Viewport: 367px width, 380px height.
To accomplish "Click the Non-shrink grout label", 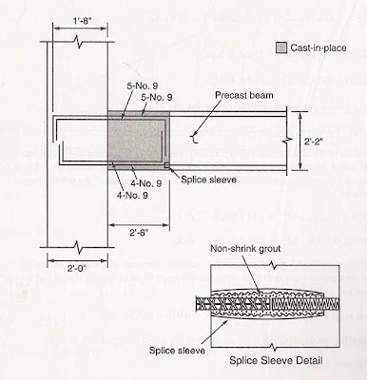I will (x=240, y=251).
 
